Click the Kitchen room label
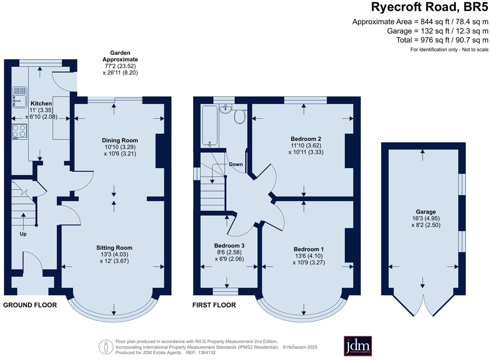(41, 103)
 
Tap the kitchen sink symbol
(20, 97)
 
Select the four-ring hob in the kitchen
(19, 131)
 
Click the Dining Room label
(120, 141)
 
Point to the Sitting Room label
(114, 248)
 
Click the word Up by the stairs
(23, 234)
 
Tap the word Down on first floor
(236, 164)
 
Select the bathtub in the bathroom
(210, 126)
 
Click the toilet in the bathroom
(240, 116)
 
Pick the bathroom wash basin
(226, 109)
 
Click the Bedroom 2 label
(306, 139)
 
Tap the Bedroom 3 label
(229, 245)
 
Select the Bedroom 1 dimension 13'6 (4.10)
(309, 256)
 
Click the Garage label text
(425, 212)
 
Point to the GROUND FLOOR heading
(30, 305)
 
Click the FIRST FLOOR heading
(214, 305)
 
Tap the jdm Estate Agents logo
(358, 346)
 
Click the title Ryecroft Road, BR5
(429, 7)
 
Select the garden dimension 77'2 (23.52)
(120, 66)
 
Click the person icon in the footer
(106, 347)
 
